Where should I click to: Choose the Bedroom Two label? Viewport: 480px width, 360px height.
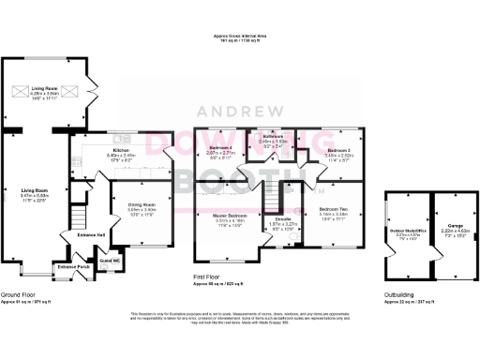point(333,208)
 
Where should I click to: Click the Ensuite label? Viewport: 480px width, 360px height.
point(282,220)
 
